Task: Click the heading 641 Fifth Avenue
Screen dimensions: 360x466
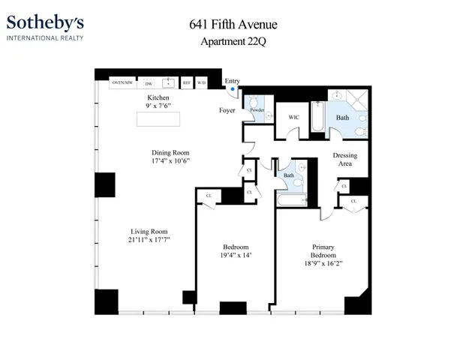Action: click(x=233, y=25)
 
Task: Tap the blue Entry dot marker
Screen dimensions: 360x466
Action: click(x=233, y=89)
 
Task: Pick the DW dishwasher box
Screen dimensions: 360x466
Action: click(x=149, y=82)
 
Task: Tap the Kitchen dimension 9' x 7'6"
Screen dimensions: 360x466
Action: click(x=158, y=107)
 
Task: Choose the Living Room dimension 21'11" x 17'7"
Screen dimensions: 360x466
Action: click(x=149, y=240)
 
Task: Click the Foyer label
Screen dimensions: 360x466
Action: click(x=227, y=111)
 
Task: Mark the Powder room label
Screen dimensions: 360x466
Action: click(x=257, y=110)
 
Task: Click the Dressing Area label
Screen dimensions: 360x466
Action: click(x=344, y=160)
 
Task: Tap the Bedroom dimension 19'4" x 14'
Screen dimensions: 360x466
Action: click(x=236, y=256)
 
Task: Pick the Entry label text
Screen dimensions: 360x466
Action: click(x=233, y=80)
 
